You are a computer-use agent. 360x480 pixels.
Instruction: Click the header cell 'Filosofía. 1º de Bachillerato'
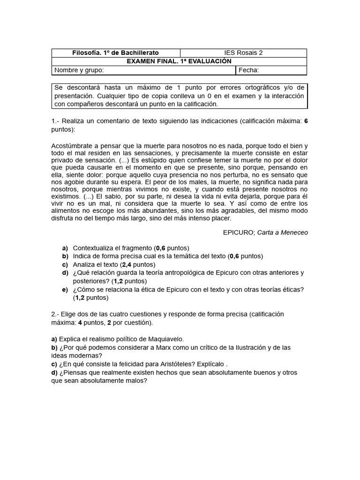click(115, 52)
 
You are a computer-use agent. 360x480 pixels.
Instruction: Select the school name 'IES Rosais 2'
click(243, 52)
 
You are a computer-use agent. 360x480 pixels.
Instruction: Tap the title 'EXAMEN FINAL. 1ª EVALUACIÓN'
click(179, 61)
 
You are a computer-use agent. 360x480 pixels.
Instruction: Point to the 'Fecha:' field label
click(249, 70)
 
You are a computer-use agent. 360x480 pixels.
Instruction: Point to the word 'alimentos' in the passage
click(66, 211)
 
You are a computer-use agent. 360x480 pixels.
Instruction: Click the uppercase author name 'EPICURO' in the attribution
click(239, 232)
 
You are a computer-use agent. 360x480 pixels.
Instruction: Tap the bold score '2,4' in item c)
click(127, 264)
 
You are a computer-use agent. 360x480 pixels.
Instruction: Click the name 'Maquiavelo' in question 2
click(166, 338)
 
